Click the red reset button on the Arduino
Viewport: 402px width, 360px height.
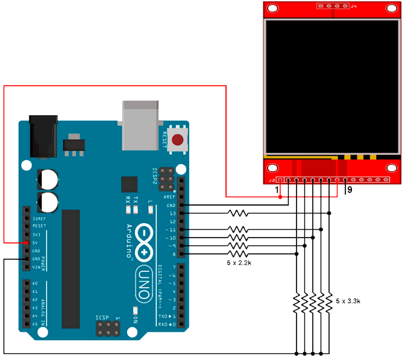(x=177, y=140)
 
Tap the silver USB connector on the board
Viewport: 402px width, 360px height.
(x=140, y=125)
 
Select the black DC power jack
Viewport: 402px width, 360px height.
(x=44, y=136)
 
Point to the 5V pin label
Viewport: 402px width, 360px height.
(x=36, y=242)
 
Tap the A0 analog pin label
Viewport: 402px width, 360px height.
(x=35, y=283)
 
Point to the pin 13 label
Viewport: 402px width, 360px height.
(x=172, y=213)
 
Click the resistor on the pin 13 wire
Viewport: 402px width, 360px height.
(x=238, y=213)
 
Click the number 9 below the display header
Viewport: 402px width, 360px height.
(x=349, y=190)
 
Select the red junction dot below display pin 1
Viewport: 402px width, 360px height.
(x=280, y=197)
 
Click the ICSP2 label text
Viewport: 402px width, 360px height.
(x=155, y=178)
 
